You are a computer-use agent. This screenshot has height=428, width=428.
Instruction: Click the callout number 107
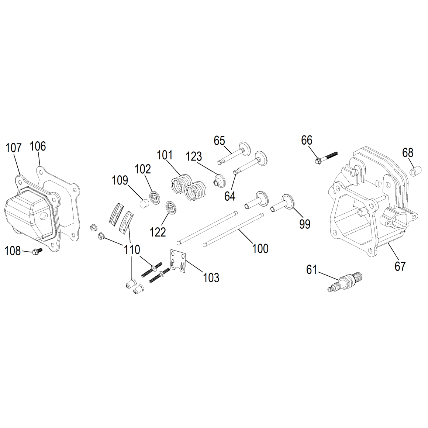(x=14, y=148)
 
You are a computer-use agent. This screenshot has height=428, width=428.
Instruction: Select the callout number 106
(x=38, y=146)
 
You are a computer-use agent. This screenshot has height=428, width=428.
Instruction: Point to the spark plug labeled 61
(x=345, y=282)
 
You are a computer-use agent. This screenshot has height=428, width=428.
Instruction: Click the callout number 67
(x=400, y=266)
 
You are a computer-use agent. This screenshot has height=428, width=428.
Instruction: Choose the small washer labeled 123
(x=219, y=180)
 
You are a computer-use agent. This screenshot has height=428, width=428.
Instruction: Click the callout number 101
(x=165, y=155)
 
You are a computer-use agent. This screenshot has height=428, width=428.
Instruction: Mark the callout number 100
(x=260, y=249)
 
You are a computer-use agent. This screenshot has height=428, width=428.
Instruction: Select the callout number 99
(x=305, y=224)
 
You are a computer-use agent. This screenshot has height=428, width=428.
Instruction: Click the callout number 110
(x=132, y=249)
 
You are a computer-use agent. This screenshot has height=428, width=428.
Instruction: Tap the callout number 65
(x=219, y=141)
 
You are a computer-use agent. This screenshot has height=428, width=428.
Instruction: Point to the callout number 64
(x=229, y=196)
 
